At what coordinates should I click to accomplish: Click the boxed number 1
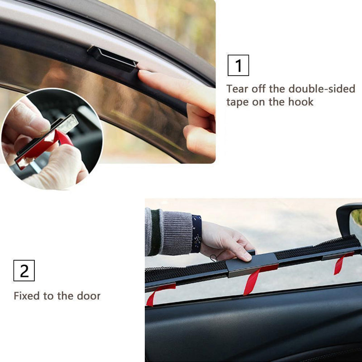pyautogui.click(x=238, y=65)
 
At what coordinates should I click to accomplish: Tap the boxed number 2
pyautogui.click(x=24, y=270)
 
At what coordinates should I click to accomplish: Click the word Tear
pyautogui.click(x=238, y=89)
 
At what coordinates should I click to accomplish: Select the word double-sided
pyautogui.click(x=322, y=89)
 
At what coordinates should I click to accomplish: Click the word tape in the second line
pyautogui.click(x=238, y=102)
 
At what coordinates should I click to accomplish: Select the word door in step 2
pyautogui.click(x=89, y=296)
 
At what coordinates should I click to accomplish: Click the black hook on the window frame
pyautogui.click(x=113, y=58)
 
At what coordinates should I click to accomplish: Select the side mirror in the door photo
pyautogui.click(x=350, y=219)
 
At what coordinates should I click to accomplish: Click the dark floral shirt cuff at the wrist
pyautogui.click(x=195, y=233)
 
